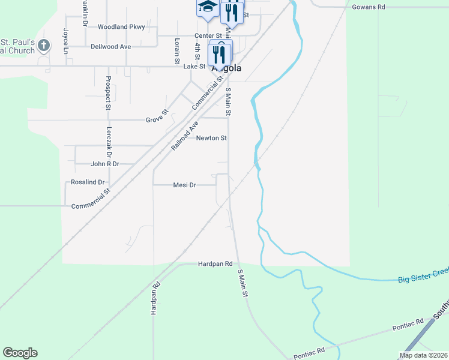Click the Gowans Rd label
coord(369,7)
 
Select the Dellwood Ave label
coord(110,46)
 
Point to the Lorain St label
coord(177,51)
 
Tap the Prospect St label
coord(108,93)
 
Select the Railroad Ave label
coord(184,136)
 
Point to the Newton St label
coord(211,138)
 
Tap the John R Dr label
coord(105,164)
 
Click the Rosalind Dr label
coord(88,182)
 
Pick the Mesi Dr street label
coord(184,185)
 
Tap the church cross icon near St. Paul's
coord(44,46)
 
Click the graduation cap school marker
coord(208,7)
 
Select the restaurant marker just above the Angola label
coord(220,55)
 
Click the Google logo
coord(20,353)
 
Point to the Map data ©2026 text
coord(423,355)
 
